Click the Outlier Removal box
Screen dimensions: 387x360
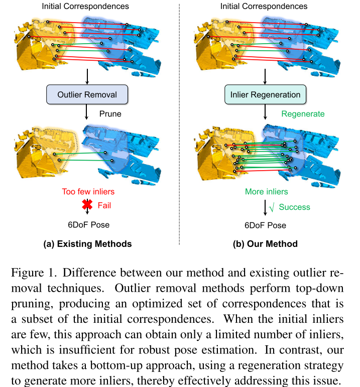[87, 94]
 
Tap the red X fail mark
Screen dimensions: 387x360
[88, 205]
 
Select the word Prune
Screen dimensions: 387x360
[109, 114]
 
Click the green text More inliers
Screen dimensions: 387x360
[267, 191]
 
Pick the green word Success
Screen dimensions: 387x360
[294, 206]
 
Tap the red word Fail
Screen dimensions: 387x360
[104, 205]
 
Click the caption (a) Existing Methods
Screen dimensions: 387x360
[88, 244]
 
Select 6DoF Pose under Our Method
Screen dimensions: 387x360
[266, 225]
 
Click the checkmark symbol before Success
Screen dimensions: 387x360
[271, 206]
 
